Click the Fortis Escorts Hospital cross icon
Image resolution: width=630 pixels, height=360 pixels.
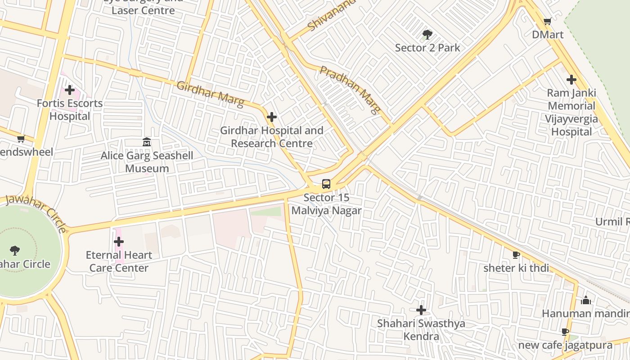pos(70,90)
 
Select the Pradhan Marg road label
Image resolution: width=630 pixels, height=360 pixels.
pos(351,90)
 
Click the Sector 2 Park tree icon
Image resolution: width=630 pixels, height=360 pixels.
pos(427,35)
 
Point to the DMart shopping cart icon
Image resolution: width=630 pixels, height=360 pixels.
pos(547,22)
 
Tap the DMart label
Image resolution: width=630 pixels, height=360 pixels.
pos(547,35)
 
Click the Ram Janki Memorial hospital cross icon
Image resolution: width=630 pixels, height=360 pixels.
pos(571,80)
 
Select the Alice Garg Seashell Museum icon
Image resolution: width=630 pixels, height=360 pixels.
pos(147,142)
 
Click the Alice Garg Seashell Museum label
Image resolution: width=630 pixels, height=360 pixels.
pos(147,162)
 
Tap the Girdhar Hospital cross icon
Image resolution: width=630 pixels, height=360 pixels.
pos(272,117)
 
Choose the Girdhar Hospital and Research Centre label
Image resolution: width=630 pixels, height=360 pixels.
pos(272,137)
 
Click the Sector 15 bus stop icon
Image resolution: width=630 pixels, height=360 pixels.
pos(326,184)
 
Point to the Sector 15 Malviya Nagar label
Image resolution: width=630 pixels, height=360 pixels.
pos(326,204)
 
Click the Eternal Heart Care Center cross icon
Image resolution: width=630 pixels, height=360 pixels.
pos(119,242)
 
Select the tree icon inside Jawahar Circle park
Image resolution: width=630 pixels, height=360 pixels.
pos(14,250)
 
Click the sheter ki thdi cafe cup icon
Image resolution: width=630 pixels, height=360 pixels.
pos(516,255)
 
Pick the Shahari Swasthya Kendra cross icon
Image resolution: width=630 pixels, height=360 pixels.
pos(421,310)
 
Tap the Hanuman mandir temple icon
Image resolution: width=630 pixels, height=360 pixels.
pos(586,300)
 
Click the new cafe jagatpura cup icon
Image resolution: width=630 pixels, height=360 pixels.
pos(565,332)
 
